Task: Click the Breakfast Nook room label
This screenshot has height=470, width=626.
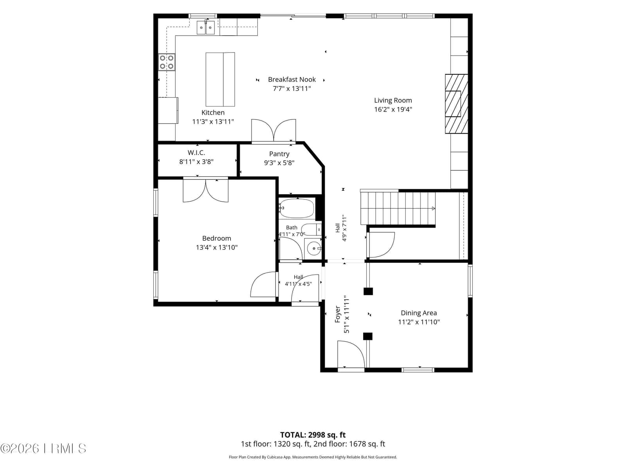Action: (291, 80)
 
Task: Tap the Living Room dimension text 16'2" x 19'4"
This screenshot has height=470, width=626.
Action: (393, 109)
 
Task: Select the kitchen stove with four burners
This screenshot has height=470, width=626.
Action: (167, 62)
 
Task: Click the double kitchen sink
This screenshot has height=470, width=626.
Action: (206, 27)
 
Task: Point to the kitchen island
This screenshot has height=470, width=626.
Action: (220, 80)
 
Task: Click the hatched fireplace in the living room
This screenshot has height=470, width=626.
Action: (456, 103)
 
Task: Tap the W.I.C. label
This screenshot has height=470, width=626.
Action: (196, 153)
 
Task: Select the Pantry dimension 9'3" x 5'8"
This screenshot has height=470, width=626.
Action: (279, 163)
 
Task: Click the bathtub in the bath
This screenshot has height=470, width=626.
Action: (297, 208)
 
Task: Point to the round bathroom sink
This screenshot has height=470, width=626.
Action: (314, 249)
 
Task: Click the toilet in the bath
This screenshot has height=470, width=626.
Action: (311, 230)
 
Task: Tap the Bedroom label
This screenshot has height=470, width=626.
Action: (216, 238)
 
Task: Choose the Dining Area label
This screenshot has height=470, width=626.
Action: (419, 313)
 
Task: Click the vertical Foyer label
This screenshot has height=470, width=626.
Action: (338, 314)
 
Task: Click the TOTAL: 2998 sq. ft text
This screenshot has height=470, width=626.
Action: (313, 435)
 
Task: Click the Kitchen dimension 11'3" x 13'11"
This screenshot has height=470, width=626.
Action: (213, 121)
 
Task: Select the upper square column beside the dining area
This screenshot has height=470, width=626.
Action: (368, 291)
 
